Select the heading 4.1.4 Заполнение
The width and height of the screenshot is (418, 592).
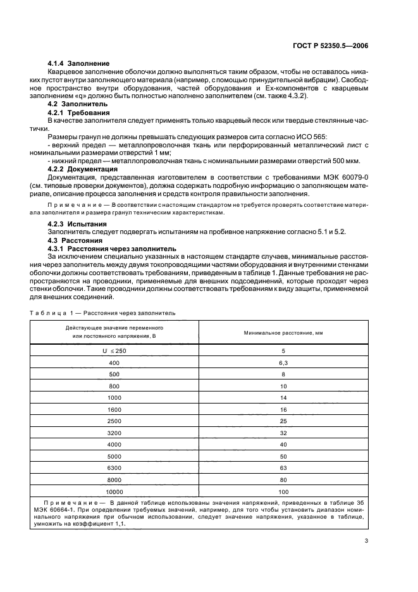click(x=79, y=64)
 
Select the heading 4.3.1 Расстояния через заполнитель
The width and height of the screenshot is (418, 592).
click(x=107, y=249)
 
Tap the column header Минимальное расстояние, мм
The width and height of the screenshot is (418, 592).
click(x=283, y=332)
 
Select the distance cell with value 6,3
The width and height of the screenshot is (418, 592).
click(x=283, y=362)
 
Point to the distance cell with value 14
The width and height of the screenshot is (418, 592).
click(x=283, y=398)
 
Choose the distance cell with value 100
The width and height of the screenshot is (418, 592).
click(x=283, y=491)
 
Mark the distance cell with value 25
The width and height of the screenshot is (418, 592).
click(x=283, y=421)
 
